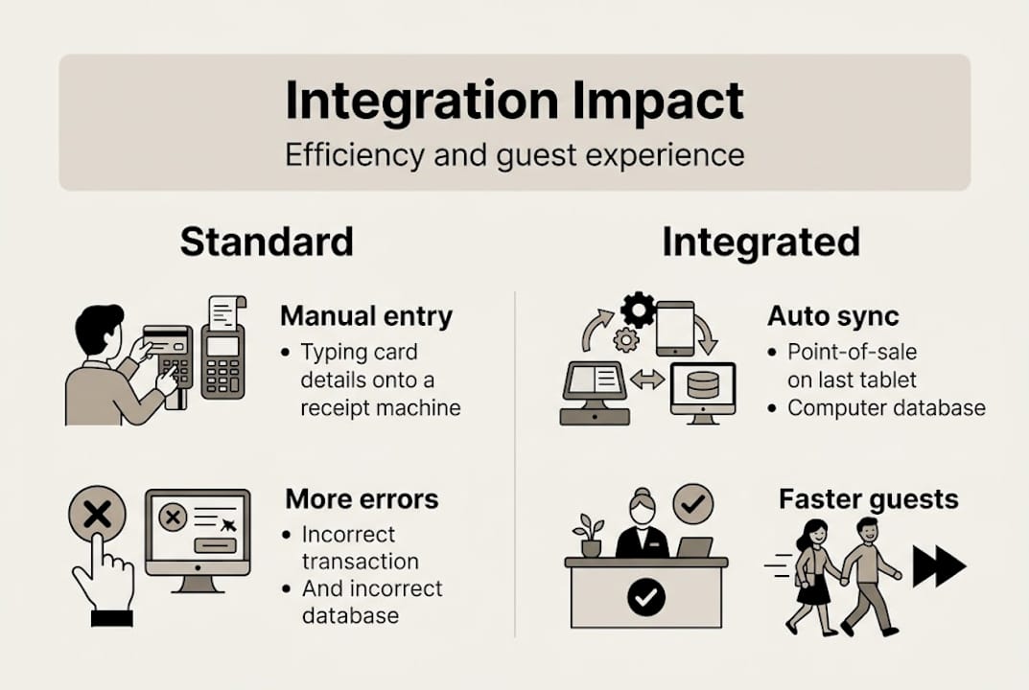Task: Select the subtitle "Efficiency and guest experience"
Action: [514, 155]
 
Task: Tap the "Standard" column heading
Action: [267, 242]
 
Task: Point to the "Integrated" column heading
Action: [760, 242]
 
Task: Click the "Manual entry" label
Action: [365, 316]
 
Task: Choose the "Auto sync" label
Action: [832, 316]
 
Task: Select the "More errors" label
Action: [362, 499]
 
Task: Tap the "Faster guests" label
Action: [868, 499]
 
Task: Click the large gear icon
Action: [638, 310]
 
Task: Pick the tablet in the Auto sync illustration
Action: [674, 328]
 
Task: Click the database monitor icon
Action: [703, 389]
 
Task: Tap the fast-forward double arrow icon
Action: [938, 566]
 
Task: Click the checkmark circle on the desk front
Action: [645, 598]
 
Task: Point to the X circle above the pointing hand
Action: [97, 516]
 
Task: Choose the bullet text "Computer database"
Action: [886, 408]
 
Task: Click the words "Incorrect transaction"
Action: [360, 547]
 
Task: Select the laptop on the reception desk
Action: [694, 547]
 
